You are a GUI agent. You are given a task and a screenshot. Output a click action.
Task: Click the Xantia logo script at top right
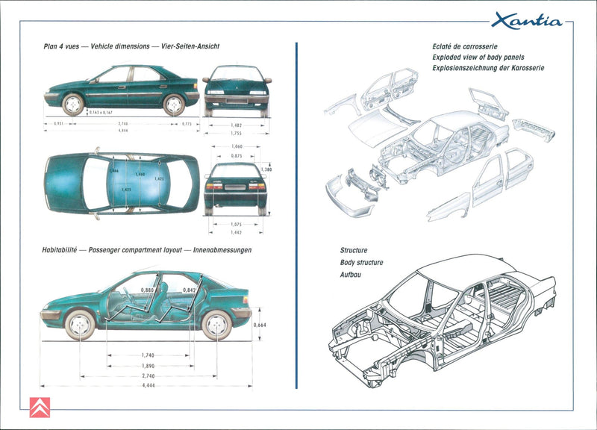(526, 20)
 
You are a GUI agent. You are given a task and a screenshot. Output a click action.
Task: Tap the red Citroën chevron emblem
(40, 408)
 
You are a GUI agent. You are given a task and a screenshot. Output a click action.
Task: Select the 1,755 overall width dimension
(237, 133)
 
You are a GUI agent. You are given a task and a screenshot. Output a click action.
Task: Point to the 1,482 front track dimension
(237, 124)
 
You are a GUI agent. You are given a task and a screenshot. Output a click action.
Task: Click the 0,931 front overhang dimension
(58, 124)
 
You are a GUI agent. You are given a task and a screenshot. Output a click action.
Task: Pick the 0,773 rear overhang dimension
(187, 124)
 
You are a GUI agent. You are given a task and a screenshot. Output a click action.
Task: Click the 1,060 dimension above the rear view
(237, 146)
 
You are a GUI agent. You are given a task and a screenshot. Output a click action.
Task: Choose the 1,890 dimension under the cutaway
(148, 366)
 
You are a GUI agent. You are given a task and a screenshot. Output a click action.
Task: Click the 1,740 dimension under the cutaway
(148, 355)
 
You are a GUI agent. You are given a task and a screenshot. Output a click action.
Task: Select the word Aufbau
(351, 274)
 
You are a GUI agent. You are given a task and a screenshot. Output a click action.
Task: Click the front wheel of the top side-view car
(73, 104)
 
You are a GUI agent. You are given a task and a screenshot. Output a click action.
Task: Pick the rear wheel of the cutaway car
(216, 325)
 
